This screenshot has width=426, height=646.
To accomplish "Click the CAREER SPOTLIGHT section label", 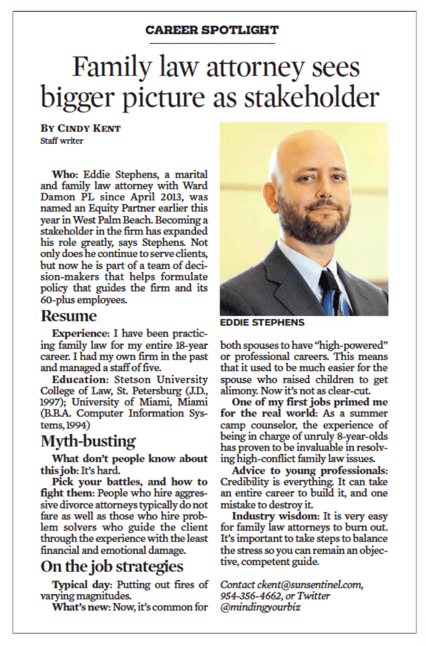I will [212, 30].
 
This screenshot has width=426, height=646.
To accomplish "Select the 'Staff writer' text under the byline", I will [62, 140].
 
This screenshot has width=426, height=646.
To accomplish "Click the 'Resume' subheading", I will [69, 316].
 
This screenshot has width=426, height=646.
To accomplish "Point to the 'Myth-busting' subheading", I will [88, 441].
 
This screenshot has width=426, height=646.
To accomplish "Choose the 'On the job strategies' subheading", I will [112, 566].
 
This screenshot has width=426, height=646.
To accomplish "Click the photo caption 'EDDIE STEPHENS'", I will [262, 323].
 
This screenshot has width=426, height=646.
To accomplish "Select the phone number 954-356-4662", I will [248, 596].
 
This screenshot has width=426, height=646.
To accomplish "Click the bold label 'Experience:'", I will [80, 334].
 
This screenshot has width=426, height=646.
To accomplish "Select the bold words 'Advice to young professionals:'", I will [309, 471].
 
